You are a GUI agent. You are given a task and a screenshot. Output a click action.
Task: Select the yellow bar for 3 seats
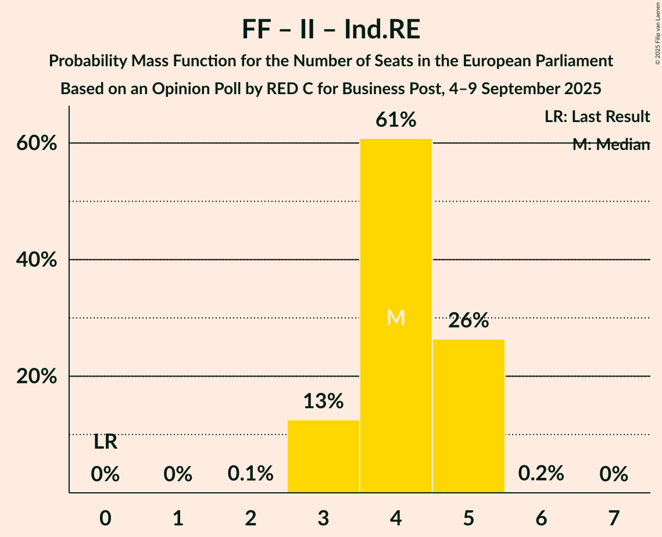tap(323, 456)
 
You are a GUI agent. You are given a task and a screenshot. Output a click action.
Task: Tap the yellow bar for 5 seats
tap(468, 416)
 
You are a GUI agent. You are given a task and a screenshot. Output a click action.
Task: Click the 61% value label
tap(396, 120)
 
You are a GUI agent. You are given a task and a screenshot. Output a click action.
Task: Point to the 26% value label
tap(468, 320)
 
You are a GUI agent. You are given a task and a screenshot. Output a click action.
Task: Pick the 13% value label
tap(323, 401)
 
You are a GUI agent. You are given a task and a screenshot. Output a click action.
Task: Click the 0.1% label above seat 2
tap(251, 474)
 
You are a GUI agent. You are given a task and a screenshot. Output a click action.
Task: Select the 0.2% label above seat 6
tap(541, 474)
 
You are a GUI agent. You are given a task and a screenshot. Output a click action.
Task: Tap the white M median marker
tap(396, 317)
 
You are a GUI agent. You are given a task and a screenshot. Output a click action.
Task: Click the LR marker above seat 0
tap(105, 443)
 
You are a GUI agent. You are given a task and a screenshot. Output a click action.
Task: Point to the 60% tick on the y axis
tap(36, 144)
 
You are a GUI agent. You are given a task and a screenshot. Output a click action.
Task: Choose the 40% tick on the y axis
tap(36, 260)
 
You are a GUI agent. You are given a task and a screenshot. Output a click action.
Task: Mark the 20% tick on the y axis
tap(36, 377)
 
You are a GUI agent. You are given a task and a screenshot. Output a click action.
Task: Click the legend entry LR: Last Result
tap(597, 117)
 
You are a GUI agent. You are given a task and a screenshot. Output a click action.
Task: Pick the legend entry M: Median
tap(610, 145)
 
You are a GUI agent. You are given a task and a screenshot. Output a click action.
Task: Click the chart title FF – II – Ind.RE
tap(331, 30)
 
